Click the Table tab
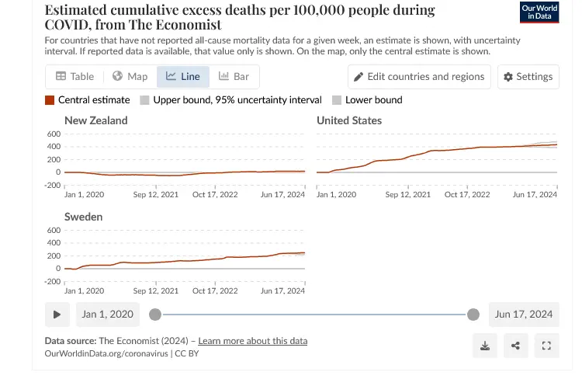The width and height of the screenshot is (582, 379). [x=75, y=76]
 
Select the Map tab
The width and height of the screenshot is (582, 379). [x=130, y=76]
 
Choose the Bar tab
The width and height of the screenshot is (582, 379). [x=234, y=76]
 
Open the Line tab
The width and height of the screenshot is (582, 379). [x=183, y=76]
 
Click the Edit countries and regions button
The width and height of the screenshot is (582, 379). [x=420, y=76]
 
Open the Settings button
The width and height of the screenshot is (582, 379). [x=528, y=76]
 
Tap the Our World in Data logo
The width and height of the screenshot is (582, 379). [x=539, y=12]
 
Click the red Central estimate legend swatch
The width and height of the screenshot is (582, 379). [x=50, y=100]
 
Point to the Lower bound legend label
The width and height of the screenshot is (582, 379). [x=373, y=100]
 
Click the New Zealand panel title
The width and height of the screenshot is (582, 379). [x=96, y=120]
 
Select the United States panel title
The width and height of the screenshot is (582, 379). [x=349, y=120]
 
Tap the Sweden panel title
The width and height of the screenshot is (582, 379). [x=84, y=217]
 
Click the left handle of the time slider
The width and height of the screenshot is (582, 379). [x=155, y=315]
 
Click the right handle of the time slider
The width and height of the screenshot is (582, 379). [x=473, y=315]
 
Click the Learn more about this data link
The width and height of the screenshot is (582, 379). [x=253, y=341]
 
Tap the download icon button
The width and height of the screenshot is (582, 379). [x=485, y=346]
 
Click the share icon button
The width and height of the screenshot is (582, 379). [x=515, y=346]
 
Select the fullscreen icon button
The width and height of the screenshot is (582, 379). [x=546, y=346]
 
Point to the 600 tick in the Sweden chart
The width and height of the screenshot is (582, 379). [x=54, y=231]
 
